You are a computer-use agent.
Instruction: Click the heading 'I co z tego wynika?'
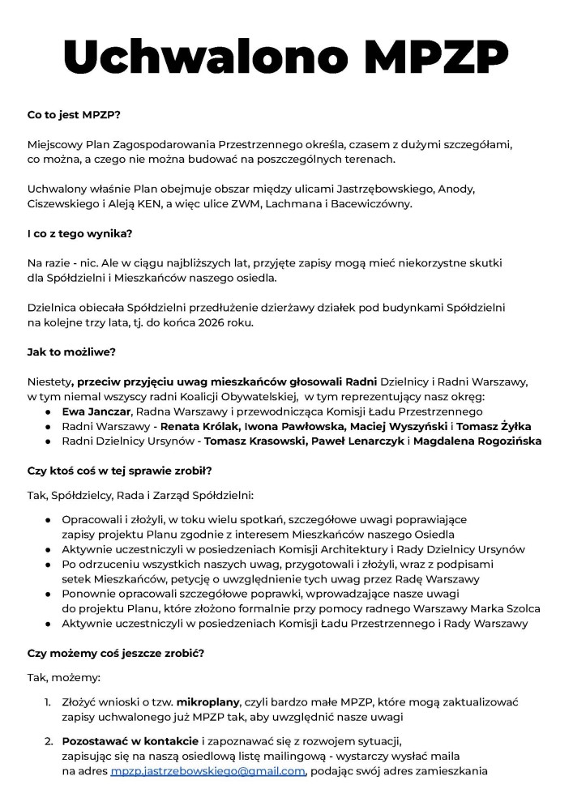click(79, 233)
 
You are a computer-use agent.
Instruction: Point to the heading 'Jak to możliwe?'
click(71, 352)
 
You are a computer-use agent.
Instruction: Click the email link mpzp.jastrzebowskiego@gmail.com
click(207, 770)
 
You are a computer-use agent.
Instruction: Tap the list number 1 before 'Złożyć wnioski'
click(47, 701)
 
